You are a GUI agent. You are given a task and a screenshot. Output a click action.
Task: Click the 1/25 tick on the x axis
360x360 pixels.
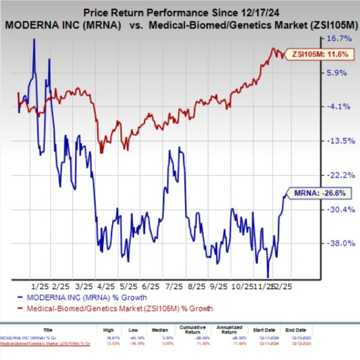(x=39, y=287)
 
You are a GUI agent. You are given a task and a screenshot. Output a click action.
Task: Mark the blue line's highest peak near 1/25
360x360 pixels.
(x=34, y=39)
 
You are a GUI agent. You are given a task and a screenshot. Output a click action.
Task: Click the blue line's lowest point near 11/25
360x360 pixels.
(x=268, y=277)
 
